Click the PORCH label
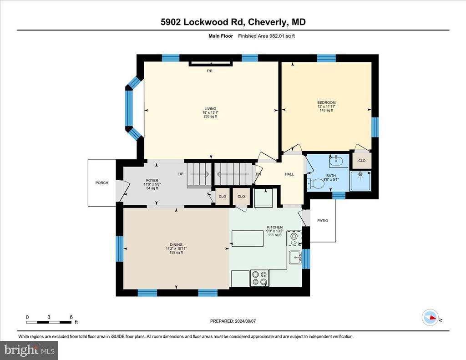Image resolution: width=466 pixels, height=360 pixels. pyautogui.click(x=101, y=183)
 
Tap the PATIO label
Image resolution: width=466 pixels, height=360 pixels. pyautogui.click(x=323, y=221)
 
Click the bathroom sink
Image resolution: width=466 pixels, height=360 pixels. pyautogui.click(x=336, y=161)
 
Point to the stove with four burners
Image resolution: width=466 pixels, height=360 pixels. pyautogui.click(x=259, y=278)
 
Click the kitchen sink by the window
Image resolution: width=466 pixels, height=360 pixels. pyautogui.click(x=296, y=257)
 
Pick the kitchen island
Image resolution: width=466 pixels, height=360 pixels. pyautogui.click(x=248, y=238)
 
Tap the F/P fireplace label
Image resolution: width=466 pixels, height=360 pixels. pyautogui.click(x=209, y=71)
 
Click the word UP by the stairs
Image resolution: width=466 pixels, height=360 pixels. pyautogui.click(x=181, y=174)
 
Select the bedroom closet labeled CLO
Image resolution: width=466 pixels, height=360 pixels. pyautogui.click(x=362, y=161)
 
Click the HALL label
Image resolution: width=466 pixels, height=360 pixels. pyautogui.click(x=289, y=174)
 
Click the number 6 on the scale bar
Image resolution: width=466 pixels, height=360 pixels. pyautogui.click(x=71, y=317)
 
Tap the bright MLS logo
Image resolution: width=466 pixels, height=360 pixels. pyautogui.click(x=29, y=350)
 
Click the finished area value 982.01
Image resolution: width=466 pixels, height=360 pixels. pyautogui.click(x=277, y=36)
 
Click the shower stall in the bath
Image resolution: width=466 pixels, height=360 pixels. pyautogui.click(x=360, y=181)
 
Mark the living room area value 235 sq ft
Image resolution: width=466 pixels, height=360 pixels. pyautogui.click(x=210, y=117)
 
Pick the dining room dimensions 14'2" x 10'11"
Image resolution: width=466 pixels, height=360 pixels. pyautogui.click(x=176, y=248)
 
